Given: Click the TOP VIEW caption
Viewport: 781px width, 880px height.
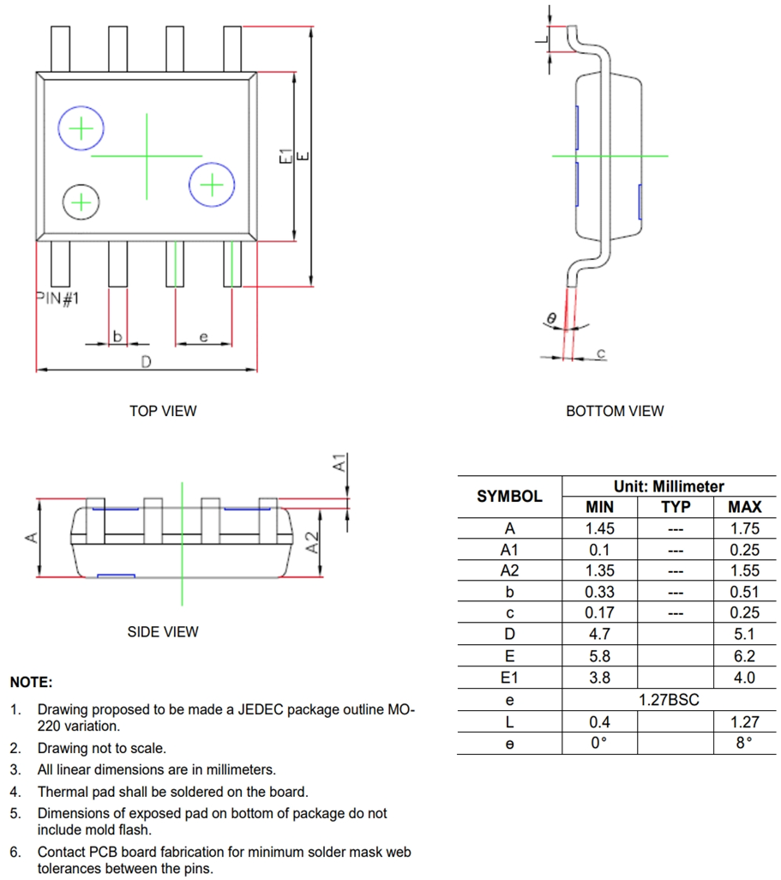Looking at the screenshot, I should point(163,411).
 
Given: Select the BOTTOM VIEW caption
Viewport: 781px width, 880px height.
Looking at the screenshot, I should point(614,411).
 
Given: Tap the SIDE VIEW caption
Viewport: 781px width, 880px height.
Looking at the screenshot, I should point(163,632).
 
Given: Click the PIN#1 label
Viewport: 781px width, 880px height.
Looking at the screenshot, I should point(58,298).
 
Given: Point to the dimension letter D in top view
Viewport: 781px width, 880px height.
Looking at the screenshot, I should point(146,362).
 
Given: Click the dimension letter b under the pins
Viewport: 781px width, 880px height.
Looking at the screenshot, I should point(117,336).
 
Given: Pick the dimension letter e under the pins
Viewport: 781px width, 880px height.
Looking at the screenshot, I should point(203,337).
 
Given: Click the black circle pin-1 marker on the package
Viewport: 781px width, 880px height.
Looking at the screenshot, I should point(81,202).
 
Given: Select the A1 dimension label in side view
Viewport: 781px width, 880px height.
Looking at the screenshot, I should point(339,463).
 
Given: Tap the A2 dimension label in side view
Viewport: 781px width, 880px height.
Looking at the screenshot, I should point(313,542).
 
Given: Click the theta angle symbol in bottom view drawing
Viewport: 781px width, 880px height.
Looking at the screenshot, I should point(552,318).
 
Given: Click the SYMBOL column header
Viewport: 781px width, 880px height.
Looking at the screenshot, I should point(509,497).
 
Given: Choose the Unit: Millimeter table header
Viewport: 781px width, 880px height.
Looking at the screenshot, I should point(669,486).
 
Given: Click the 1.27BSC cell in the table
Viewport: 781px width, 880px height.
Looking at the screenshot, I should point(669,700).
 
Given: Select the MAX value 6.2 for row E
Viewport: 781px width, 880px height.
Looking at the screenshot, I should point(744,656).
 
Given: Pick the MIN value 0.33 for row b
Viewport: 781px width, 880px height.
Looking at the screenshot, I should point(599,592).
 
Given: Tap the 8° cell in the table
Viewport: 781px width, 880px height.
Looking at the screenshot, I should point(744,743).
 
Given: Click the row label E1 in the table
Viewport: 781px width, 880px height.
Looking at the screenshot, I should point(509,678).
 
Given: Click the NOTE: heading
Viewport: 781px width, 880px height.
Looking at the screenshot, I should point(31,683).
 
